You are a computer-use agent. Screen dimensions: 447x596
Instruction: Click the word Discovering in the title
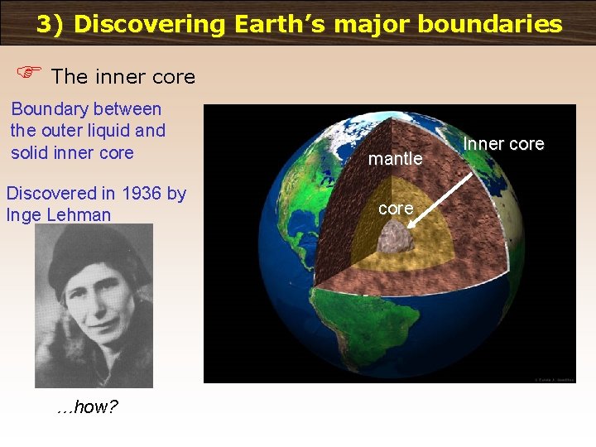click(x=149, y=24)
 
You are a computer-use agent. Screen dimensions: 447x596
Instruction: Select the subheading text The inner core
click(x=123, y=77)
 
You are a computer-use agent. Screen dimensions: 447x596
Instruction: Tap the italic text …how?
click(x=87, y=407)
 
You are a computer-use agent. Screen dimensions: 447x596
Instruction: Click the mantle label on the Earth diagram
click(x=395, y=158)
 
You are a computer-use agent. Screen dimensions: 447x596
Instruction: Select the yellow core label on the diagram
click(x=396, y=209)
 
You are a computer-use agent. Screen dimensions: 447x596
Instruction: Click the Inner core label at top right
click(x=503, y=144)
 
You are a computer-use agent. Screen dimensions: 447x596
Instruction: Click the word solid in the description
click(x=32, y=153)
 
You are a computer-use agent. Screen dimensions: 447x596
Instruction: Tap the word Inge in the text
click(x=25, y=215)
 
